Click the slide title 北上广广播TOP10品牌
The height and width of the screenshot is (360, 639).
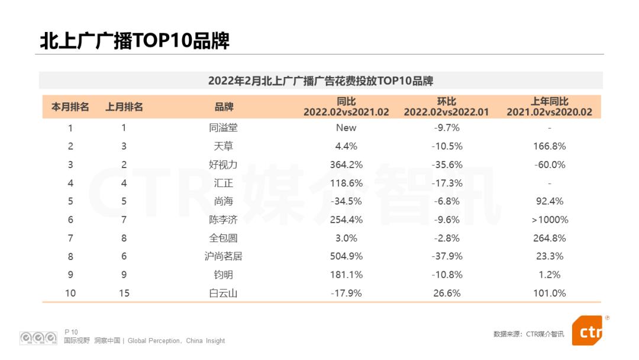[x=134, y=41]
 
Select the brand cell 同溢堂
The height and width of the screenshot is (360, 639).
[x=224, y=127]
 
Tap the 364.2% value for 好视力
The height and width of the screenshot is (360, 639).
[x=346, y=165]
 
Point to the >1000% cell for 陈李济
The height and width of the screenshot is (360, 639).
[x=549, y=220]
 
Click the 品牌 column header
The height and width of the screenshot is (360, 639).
[x=224, y=107]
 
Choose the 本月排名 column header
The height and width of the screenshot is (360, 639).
[x=70, y=107]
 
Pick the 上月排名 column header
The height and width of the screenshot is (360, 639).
[x=124, y=107]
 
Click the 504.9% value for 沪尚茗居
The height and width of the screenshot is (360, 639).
[x=346, y=256]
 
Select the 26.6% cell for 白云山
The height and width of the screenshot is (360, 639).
[x=447, y=293]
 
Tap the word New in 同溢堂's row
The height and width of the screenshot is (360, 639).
[x=346, y=127]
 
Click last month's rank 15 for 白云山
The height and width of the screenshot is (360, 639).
[x=124, y=293]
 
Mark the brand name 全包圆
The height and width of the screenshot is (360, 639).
[x=224, y=238]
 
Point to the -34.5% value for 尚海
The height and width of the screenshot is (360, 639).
[x=346, y=201]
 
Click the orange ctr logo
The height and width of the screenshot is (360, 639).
[x=588, y=330]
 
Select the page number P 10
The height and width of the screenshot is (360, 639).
[x=71, y=332]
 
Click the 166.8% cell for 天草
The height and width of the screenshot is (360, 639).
[x=549, y=146]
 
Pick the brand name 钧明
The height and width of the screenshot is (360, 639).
[x=224, y=275]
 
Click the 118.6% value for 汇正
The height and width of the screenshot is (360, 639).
[x=346, y=183]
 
